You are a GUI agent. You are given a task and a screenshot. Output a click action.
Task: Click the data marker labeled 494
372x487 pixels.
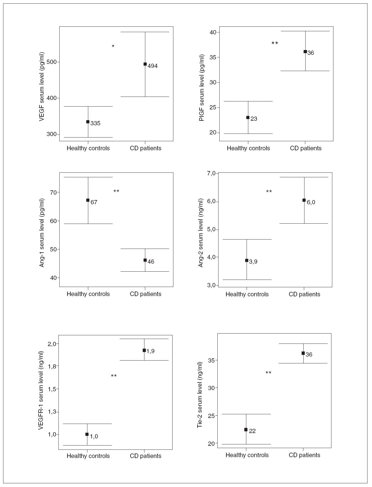click(x=145, y=64)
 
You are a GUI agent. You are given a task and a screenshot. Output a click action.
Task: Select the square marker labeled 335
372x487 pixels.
click(x=88, y=122)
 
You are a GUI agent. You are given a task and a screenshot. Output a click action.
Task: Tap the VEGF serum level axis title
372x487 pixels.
click(x=42, y=87)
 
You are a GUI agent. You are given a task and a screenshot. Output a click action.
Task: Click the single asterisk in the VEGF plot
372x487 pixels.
click(x=113, y=46)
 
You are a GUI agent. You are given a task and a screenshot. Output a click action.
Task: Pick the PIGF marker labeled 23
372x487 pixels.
click(x=248, y=118)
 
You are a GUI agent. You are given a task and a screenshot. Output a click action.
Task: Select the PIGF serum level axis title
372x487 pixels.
click(x=202, y=88)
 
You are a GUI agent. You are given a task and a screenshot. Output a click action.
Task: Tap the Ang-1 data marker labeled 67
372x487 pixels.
click(x=88, y=200)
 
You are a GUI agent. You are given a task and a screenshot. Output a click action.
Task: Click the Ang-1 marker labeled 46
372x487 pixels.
click(x=145, y=260)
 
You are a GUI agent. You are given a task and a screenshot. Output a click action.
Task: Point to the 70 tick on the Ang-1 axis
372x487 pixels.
click(x=53, y=192)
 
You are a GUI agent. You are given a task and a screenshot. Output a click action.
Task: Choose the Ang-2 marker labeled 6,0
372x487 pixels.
click(x=304, y=200)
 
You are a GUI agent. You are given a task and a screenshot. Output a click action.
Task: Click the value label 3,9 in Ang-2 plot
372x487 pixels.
click(x=253, y=262)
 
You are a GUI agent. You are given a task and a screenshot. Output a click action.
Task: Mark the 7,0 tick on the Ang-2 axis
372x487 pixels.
click(x=211, y=173)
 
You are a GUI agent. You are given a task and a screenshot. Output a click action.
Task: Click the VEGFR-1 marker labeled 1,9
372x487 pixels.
click(x=144, y=350)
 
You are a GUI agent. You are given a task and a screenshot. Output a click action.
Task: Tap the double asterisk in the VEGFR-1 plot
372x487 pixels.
click(x=114, y=376)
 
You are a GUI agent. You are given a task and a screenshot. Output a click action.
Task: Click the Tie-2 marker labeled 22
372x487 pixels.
click(x=246, y=430)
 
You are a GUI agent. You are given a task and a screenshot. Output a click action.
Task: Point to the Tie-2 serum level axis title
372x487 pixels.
click(x=200, y=395)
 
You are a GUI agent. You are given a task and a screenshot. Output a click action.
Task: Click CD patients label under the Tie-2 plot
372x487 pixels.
click(x=304, y=455)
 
